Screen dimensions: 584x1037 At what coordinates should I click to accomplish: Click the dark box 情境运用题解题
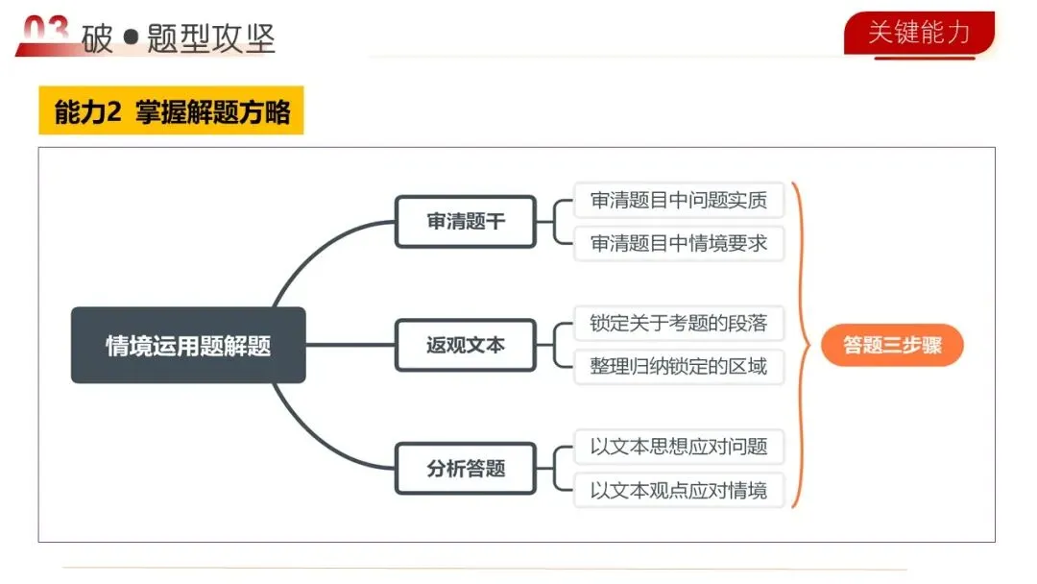click(x=188, y=346)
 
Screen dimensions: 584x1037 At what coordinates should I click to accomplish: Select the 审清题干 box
click(x=466, y=222)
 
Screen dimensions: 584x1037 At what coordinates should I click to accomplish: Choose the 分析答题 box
click(x=466, y=469)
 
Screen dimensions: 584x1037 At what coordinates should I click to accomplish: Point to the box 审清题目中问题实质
click(x=679, y=201)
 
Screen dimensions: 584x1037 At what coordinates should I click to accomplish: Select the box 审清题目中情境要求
click(x=679, y=243)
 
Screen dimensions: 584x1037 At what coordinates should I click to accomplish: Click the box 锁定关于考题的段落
click(x=679, y=323)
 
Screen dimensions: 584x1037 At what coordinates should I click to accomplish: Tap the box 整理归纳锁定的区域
click(x=679, y=366)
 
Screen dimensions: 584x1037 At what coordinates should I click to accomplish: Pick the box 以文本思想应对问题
click(x=679, y=447)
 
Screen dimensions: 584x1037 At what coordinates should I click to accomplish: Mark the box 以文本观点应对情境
click(x=679, y=491)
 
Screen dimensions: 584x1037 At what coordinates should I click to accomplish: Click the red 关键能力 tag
click(x=919, y=33)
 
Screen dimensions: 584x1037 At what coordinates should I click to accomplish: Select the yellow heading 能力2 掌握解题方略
click(x=172, y=111)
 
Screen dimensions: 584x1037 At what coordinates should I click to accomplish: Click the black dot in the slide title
click(x=132, y=38)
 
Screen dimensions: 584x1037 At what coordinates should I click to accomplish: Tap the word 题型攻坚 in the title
click(x=211, y=38)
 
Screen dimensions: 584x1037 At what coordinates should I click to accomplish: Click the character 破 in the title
click(x=97, y=38)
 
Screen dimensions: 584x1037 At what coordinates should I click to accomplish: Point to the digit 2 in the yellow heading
click(x=113, y=112)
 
